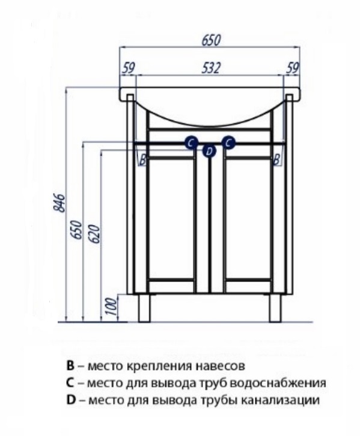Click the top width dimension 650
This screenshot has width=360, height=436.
coord(211,40)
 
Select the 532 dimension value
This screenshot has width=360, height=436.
coord(211,68)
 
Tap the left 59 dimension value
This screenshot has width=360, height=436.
coord(129,68)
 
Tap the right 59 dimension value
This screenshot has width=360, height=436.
coord(293,68)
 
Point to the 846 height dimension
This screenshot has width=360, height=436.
coord(60,203)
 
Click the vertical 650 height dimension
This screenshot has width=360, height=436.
coord(77,229)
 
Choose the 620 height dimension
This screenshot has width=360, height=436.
coord(94,234)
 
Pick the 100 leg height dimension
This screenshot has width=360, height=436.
coord(111,306)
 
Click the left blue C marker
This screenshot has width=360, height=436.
coord(191,143)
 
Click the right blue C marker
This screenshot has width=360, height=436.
coord(228,143)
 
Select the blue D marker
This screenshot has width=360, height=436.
coord(209,152)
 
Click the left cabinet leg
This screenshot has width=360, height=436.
coord(144,308)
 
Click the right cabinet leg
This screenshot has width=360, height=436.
coord(275,308)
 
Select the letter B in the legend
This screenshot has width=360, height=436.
coord(70,366)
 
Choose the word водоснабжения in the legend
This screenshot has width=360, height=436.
coord(278,383)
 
